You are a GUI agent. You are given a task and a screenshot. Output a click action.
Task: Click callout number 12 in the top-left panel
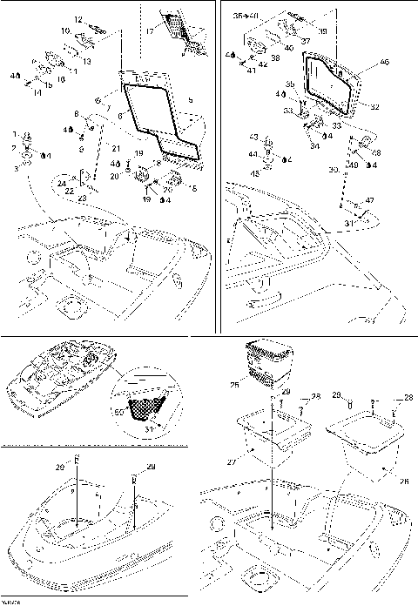click(77, 19)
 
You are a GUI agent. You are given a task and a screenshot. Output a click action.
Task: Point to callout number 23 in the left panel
click(83, 199)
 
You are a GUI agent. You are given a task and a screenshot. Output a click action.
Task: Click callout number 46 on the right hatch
click(385, 63)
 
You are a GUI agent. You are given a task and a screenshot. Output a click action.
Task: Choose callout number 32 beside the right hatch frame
click(375, 107)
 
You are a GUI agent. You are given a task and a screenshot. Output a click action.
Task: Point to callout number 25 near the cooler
click(233, 384)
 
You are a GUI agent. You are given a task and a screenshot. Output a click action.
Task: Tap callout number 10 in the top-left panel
click(64, 30)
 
